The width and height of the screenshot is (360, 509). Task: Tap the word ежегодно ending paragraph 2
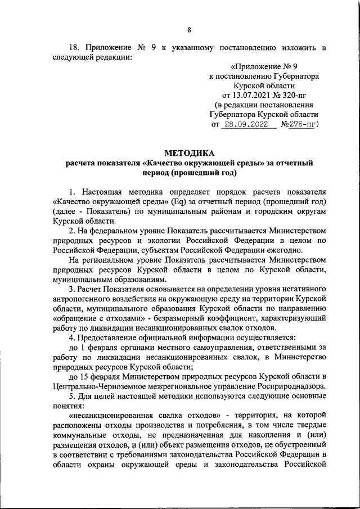284,250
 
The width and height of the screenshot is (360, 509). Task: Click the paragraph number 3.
71,289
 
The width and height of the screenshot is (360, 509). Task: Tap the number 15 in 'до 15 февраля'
84,376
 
